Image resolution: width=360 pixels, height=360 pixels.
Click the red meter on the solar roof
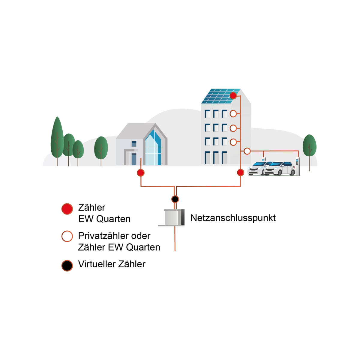pyautogui.click(x=233, y=96)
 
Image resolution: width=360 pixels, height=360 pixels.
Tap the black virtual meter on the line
pyautogui.click(x=175, y=199)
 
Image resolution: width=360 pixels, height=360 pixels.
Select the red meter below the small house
pyautogui.click(x=141, y=173)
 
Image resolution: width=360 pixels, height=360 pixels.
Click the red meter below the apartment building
pyautogui.click(x=241, y=172)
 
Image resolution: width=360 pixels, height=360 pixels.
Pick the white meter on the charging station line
pyautogui.click(x=247, y=151)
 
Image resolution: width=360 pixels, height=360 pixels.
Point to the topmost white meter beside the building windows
pyautogui.click(x=233, y=114)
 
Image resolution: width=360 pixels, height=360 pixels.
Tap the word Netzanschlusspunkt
pyautogui.click(x=233, y=218)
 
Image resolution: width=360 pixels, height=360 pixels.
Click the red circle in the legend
pyautogui.click(x=67, y=209)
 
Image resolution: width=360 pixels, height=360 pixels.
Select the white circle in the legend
pyautogui.click(x=67, y=236)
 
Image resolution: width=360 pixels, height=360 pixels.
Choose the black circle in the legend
pyautogui.click(x=67, y=265)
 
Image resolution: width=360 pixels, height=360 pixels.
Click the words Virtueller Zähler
pyautogui.click(x=112, y=264)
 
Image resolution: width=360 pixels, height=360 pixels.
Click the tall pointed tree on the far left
pyautogui.click(x=57, y=138)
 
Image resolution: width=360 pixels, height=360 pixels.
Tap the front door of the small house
pyautogui.click(x=133, y=159)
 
